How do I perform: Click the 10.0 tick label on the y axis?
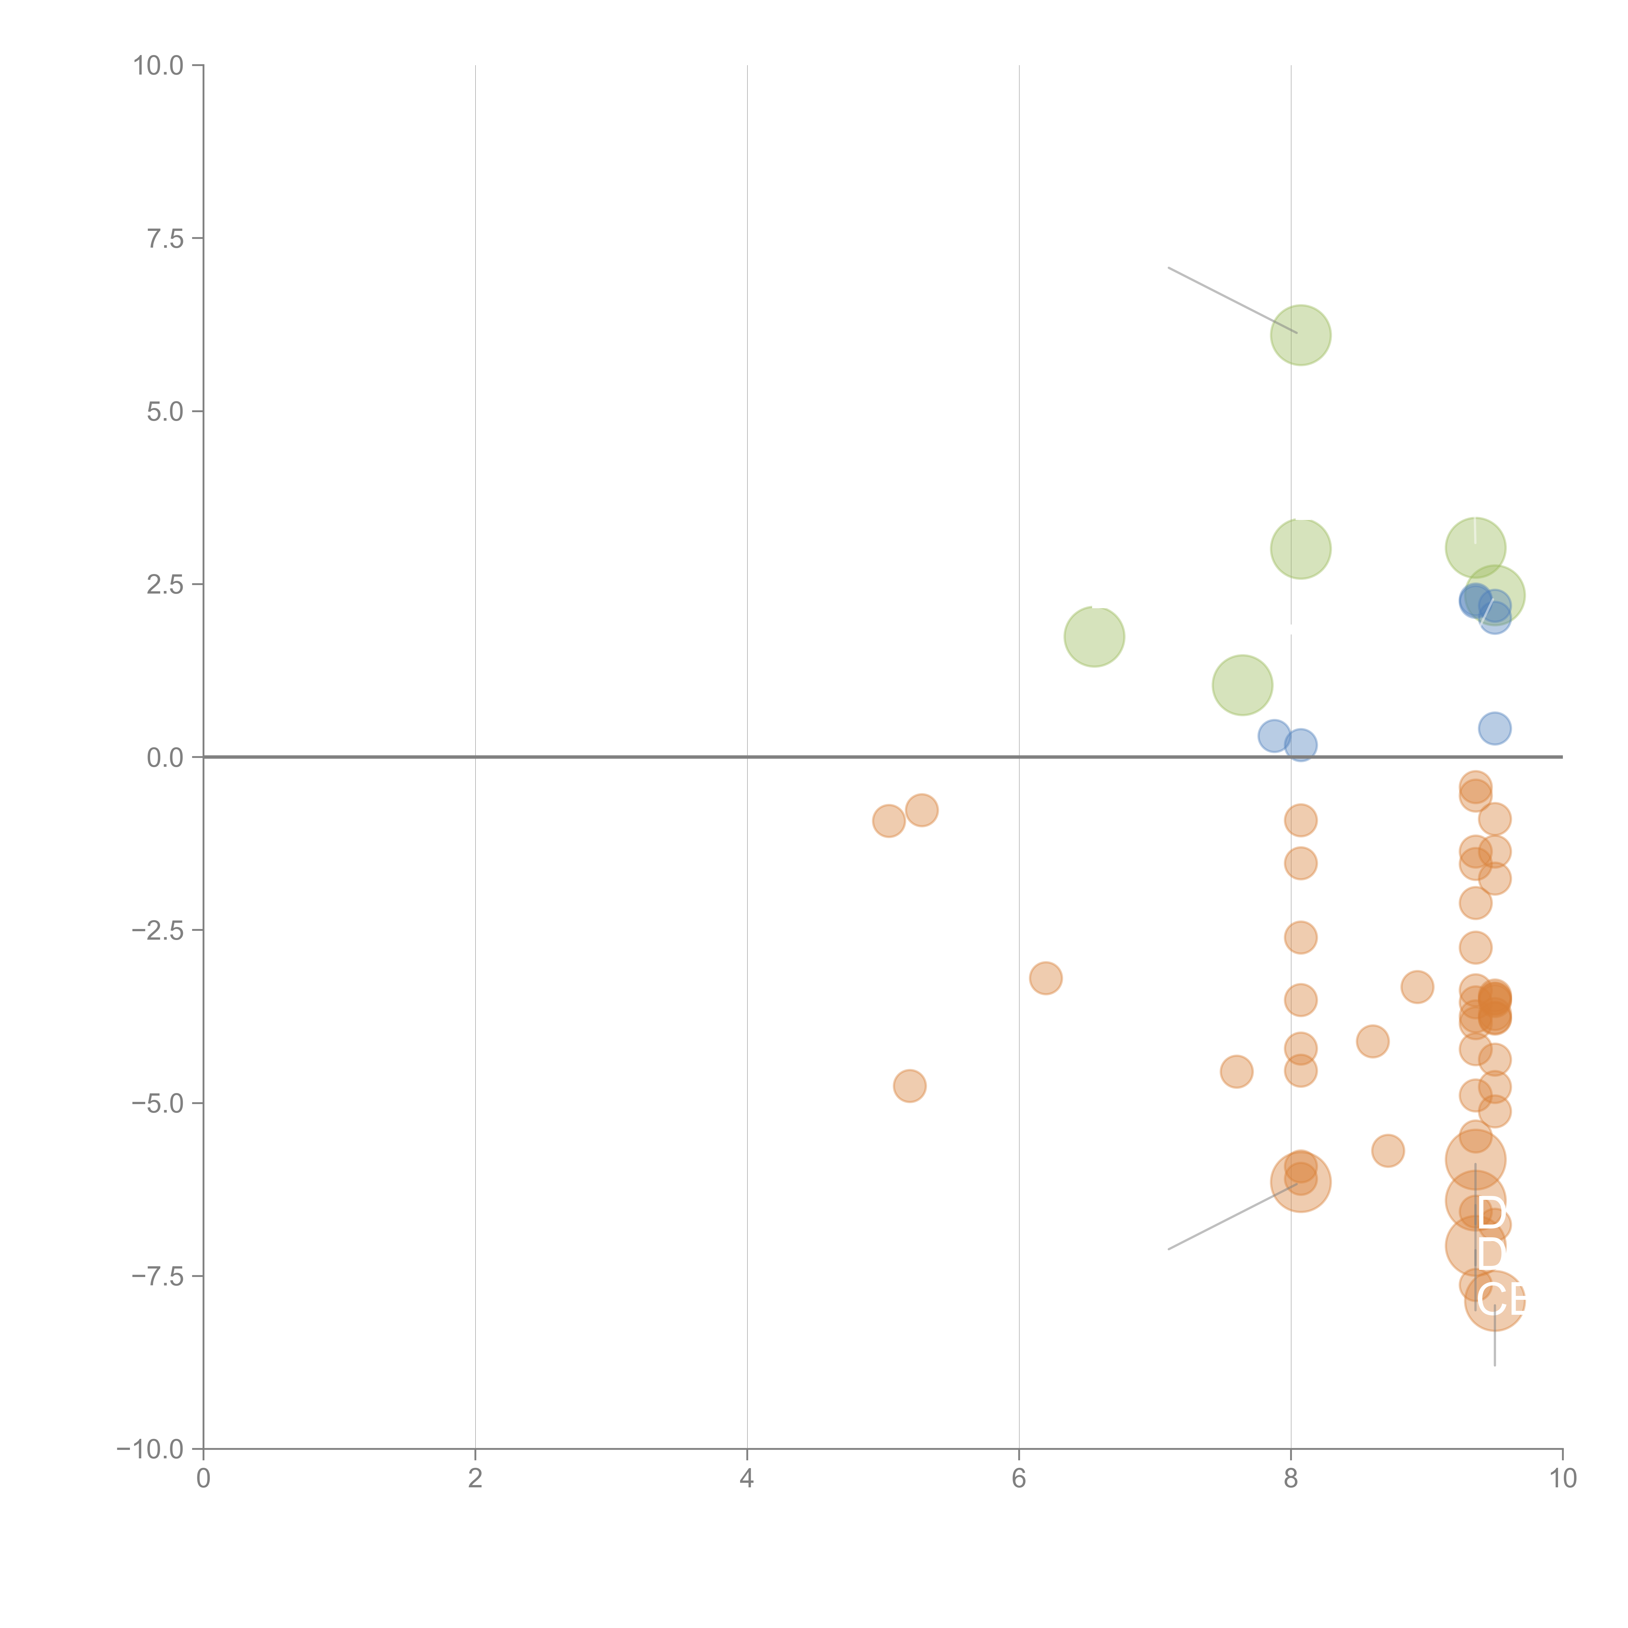159,66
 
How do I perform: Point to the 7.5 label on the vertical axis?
165,238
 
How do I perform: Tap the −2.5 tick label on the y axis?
159,930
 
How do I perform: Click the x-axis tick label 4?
747,1479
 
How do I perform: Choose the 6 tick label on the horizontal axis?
1019,1479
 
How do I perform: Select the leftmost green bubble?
1094,636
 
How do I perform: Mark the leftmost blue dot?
1273,736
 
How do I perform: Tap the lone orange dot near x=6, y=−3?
1045,977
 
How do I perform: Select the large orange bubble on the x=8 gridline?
1300,1181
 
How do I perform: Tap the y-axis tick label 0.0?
165,758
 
